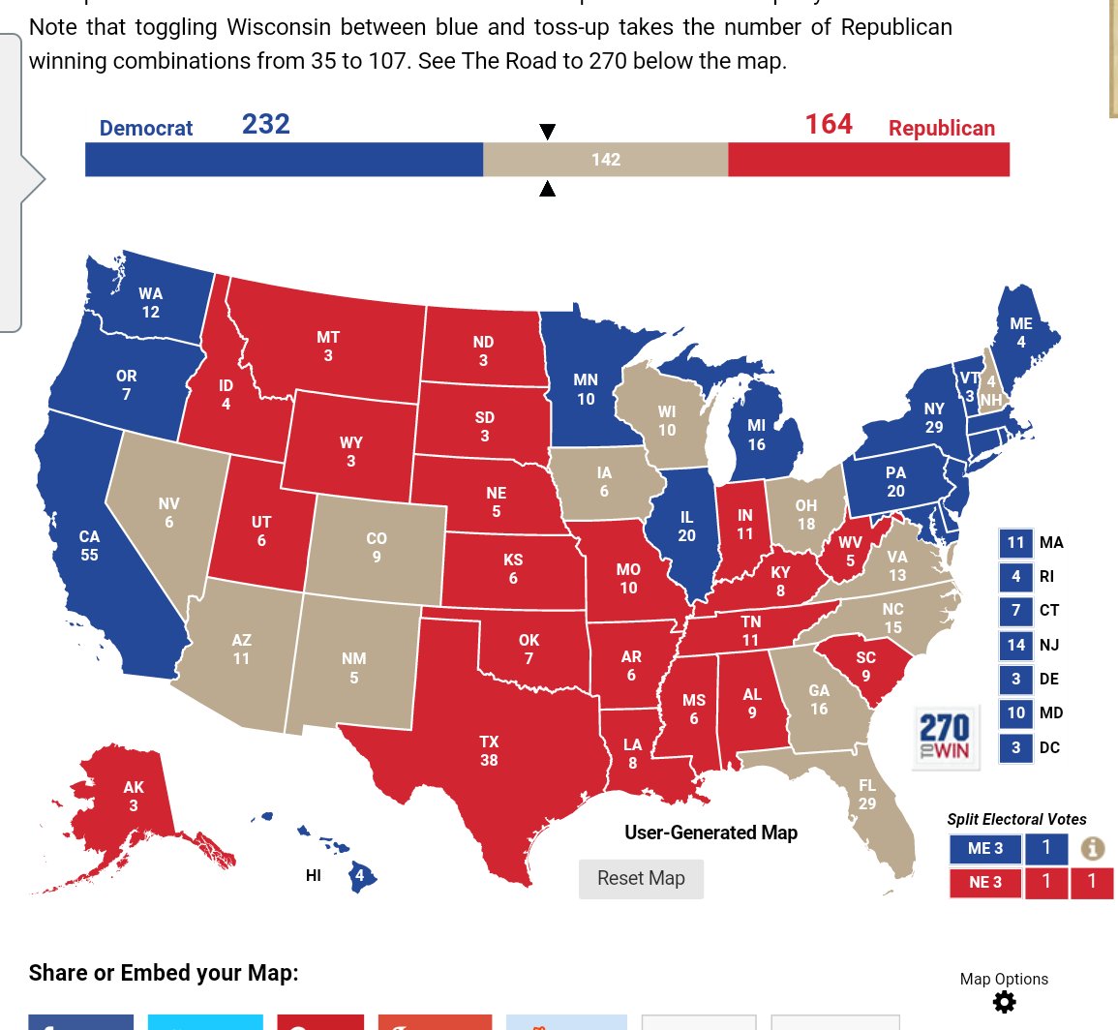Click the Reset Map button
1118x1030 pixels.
coord(641,879)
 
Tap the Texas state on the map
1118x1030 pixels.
coord(489,751)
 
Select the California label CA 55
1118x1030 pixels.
coord(89,545)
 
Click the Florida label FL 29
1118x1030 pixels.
coord(867,794)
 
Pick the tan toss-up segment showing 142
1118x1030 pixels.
coord(606,160)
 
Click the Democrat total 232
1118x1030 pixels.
coord(266,125)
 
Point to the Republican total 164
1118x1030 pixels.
coord(829,125)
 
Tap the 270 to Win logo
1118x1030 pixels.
coord(945,737)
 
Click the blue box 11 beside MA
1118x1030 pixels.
coord(1015,543)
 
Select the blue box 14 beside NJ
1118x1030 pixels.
coord(1015,645)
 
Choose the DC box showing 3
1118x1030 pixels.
coord(1015,747)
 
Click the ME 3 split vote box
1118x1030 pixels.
coord(985,849)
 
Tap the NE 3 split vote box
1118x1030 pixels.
coord(985,882)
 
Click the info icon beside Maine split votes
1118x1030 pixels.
coord(1092,849)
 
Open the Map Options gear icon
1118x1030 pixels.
coord(1005,1002)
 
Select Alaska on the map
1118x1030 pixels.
coord(133,796)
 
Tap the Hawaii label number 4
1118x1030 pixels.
coord(360,876)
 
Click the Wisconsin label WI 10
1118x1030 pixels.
coord(667,420)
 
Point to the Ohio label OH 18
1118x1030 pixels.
coord(805,514)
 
